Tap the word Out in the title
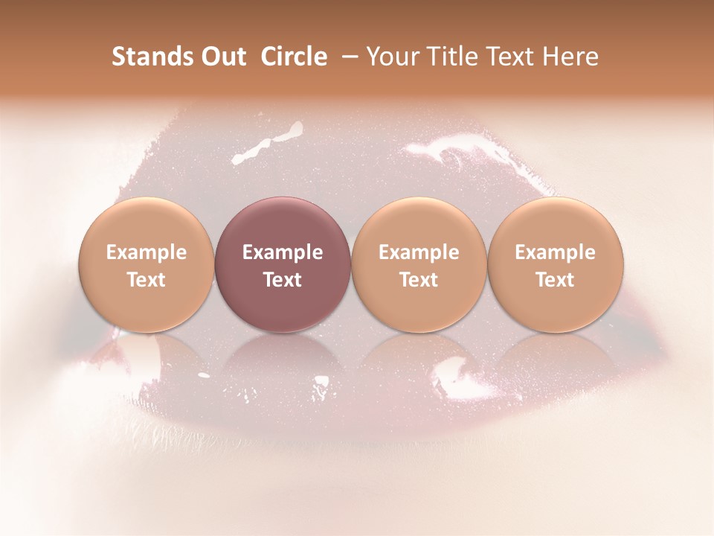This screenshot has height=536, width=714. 222,57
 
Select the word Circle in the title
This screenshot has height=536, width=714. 294,57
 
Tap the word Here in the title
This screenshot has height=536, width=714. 570,57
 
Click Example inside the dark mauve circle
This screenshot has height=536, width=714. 283,252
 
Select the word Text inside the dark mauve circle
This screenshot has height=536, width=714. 283,280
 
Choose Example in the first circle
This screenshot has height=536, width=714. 147,252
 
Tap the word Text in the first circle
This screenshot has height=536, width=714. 147,280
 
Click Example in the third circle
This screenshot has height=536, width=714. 419,252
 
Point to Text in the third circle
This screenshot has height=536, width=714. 419,280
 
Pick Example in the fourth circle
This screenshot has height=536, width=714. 556,252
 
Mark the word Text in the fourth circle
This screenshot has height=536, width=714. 556,280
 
